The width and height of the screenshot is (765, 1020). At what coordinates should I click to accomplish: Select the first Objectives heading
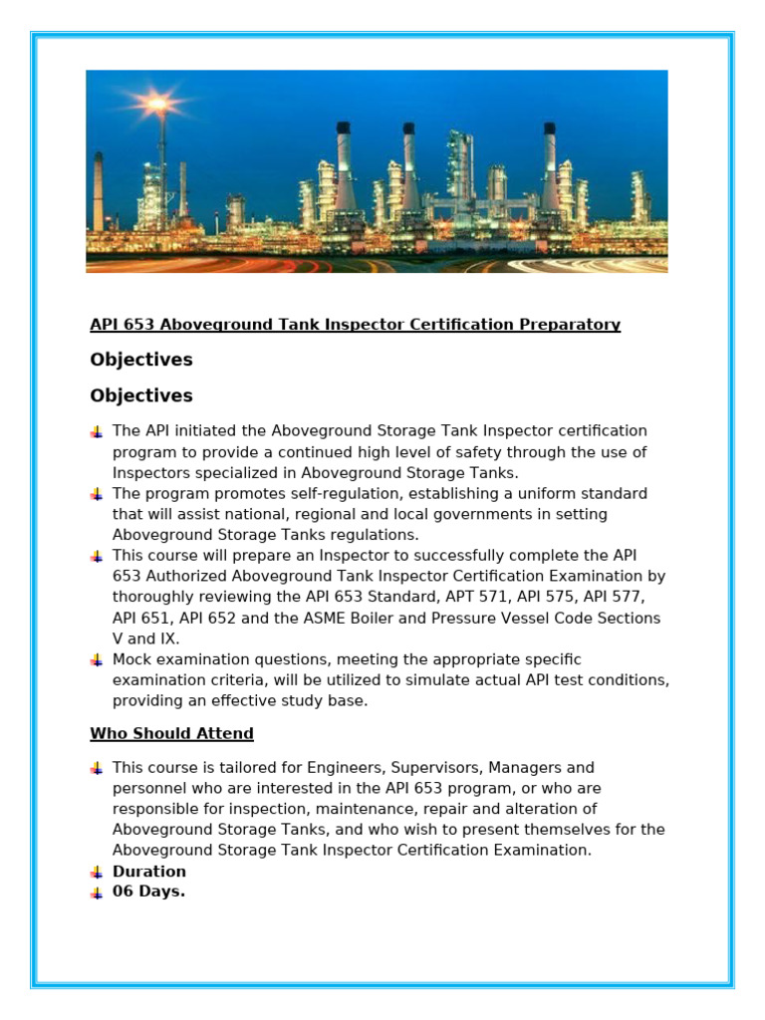coord(141,360)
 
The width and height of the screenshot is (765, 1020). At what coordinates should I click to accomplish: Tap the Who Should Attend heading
coord(171,734)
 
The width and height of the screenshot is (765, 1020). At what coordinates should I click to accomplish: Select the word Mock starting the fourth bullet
coord(133,659)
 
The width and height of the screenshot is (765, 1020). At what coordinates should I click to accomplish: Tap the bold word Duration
coord(149,872)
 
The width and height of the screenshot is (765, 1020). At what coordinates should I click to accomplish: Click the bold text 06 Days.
coord(148,892)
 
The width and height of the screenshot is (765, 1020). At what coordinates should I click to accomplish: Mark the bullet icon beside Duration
coord(97,872)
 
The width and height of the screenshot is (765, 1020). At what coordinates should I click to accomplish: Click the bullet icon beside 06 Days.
coord(97,892)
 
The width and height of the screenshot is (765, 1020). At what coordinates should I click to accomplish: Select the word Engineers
coord(333,768)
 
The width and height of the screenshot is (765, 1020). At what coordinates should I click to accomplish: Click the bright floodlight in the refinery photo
coord(157,103)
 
